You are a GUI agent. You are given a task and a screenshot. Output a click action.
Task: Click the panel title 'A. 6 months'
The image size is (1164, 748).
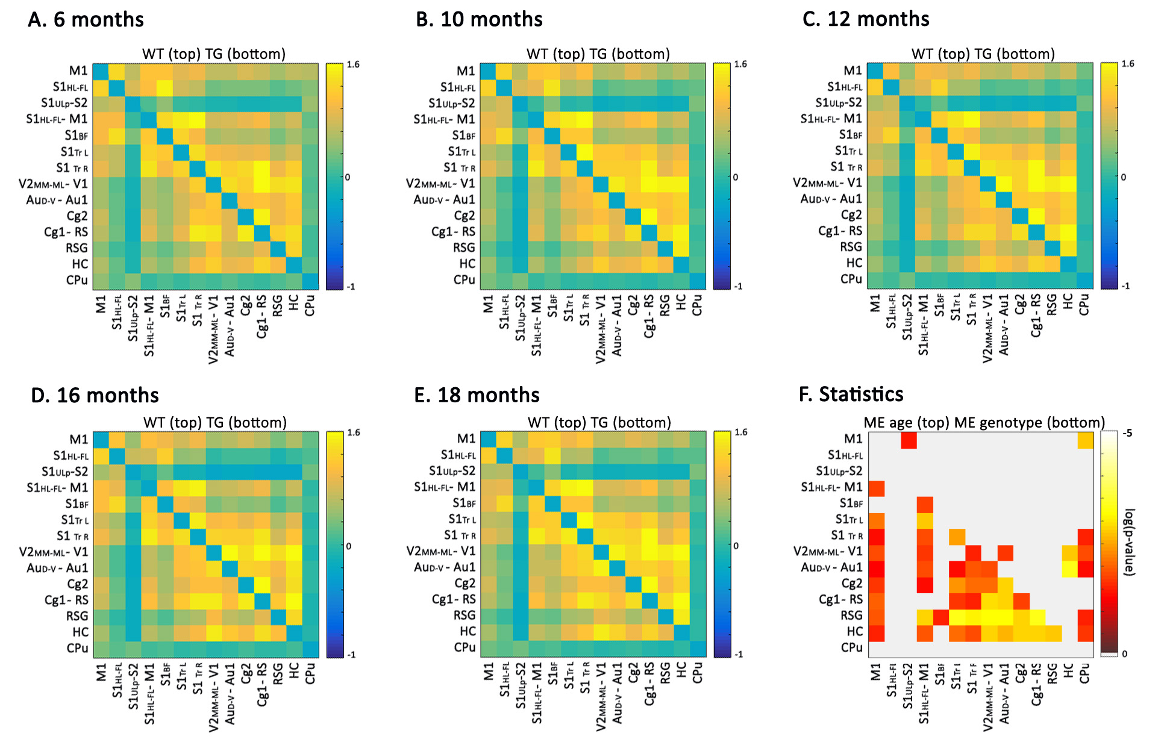pyautogui.click(x=86, y=20)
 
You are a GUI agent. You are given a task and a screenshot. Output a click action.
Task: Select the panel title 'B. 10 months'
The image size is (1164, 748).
pyautogui.click(x=479, y=20)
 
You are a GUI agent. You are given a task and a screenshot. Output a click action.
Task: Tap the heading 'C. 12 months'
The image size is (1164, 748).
pyautogui.click(x=866, y=19)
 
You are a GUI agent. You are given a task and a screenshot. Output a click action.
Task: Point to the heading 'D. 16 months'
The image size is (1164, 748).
pyautogui.click(x=95, y=396)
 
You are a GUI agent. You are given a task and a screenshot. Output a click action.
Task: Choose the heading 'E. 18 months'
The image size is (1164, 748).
pyautogui.click(x=477, y=395)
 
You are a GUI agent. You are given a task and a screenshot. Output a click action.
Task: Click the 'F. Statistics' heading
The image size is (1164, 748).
pyautogui.click(x=851, y=394)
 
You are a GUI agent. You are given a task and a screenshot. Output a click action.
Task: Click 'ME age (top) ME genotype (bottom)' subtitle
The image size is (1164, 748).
pyautogui.click(x=984, y=423)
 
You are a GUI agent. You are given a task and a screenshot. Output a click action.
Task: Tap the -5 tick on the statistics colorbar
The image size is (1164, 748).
pyautogui.click(x=1127, y=434)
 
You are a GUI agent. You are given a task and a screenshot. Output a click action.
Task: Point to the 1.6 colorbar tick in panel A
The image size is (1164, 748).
pyautogui.click(x=353, y=64)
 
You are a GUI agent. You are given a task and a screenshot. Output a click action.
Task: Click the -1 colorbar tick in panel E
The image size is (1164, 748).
pyautogui.click(x=738, y=654)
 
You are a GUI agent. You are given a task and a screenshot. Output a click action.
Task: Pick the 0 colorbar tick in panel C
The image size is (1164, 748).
pyautogui.click(x=1123, y=177)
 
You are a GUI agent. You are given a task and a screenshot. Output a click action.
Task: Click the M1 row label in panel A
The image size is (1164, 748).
pyautogui.click(x=78, y=71)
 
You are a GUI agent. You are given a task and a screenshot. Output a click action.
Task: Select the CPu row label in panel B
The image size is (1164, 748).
pyautogui.click(x=465, y=280)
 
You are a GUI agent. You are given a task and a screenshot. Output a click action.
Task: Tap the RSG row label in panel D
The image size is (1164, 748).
pyautogui.click(x=77, y=616)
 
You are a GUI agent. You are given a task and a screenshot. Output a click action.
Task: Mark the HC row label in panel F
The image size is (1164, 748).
pyautogui.click(x=854, y=632)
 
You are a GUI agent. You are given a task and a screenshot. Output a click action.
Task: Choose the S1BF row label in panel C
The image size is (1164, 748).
pyautogui.click(x=851, y=135)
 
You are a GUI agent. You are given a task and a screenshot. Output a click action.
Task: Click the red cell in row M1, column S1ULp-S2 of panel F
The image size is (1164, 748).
pyautogui.click(x=909, y=441)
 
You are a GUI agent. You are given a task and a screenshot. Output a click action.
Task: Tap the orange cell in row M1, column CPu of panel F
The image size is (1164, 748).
pyautogui.click(x=1085, y=441)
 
